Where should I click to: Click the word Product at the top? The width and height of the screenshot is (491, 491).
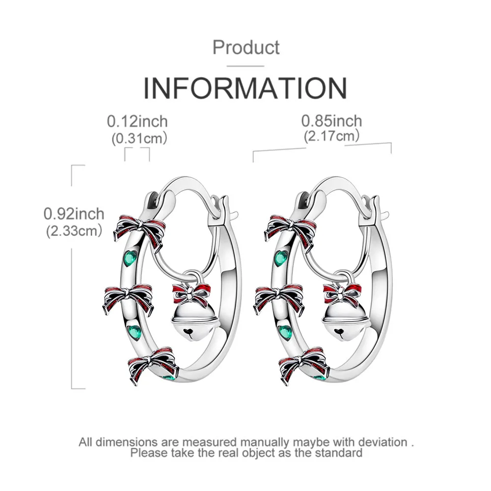click(x=246, y=48)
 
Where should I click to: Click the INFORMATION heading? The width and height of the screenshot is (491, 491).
click(x=245, y=88)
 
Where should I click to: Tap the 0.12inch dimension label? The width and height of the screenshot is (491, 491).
click(x=137, y=121)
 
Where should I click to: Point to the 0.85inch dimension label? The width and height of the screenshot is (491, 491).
click(x=331, y=120)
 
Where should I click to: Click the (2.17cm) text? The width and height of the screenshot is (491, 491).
click(x=331, y=136)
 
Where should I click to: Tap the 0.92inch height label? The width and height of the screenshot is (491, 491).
click(x=74, y=214)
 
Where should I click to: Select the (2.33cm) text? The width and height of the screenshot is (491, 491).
click(x=74, y=230)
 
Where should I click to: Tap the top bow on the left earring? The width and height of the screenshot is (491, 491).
click(x=141, y=229)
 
